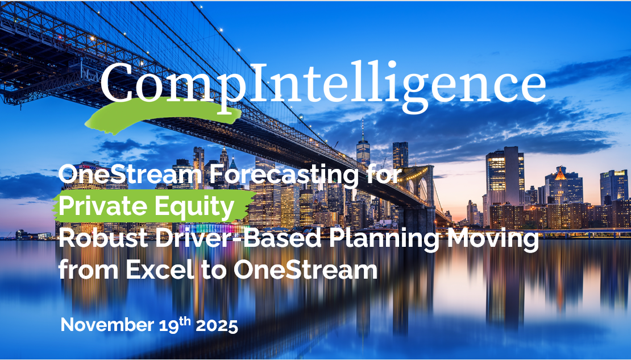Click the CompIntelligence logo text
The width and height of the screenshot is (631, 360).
322,84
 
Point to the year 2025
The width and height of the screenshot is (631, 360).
217,326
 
